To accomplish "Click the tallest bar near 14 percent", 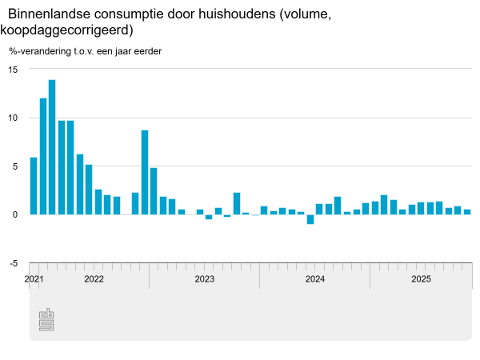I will click(x=52, y=147).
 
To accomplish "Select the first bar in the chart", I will click(x=34, y=186).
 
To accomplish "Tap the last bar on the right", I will click(x=467, y=212).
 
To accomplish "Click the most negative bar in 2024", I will click(x=310, y=219).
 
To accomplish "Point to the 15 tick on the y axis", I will click(x=13, y=69).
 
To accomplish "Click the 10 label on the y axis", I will click(x=13, y=118).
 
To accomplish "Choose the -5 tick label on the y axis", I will click(x=14, y=263).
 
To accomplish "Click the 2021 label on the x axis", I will click(x=34, y=279).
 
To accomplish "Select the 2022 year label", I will click(x=94, y=279).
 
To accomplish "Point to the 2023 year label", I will click(x=204, y=279).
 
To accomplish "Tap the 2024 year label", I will click(x=314, y=279).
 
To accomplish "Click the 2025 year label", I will click(x=421, y=279).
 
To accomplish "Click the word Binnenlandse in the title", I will click(x=48, y=14).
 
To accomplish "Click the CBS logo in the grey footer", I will click(x=46, y=319).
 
